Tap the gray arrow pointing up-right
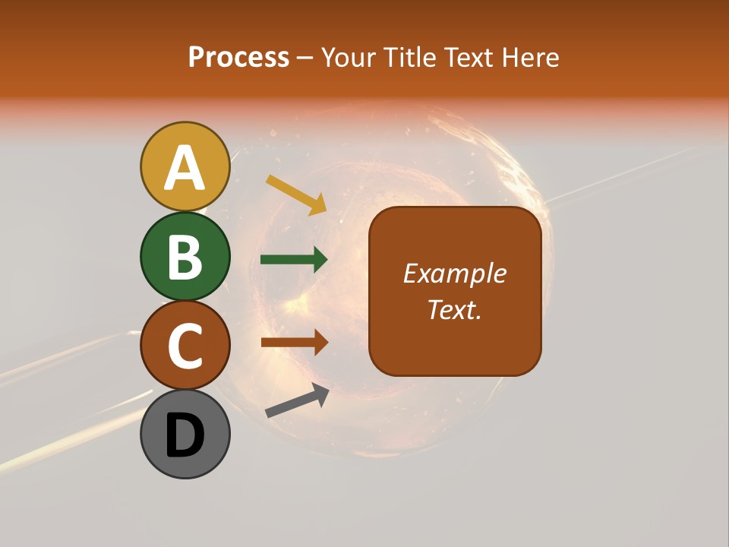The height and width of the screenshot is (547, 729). click(x=297, y=401)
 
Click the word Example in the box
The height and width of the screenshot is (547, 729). click(x=455, y=273)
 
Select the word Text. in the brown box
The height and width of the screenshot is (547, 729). click(x=455, y=309)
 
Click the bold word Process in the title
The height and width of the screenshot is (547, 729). click(x=238, y=58)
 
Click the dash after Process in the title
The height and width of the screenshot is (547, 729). click(x=305, y=58)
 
